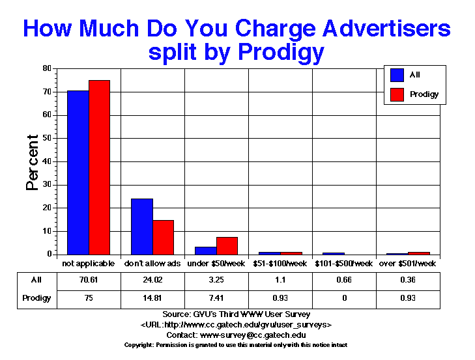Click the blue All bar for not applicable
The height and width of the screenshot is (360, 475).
[78, 173]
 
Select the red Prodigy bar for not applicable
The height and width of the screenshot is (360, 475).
[99, 167]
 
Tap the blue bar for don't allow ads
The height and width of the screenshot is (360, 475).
[142, 227]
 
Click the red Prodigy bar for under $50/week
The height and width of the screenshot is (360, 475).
[227, 246]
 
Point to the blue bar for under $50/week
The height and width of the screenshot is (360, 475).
[205, 251]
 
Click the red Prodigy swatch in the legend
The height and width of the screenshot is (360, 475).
[396, 94]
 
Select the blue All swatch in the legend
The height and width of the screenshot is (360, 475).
[396, 75]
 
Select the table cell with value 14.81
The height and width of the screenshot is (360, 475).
[152, 298]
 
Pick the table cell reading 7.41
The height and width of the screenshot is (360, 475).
[216, 298]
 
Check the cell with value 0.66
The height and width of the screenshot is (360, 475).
[344, 281]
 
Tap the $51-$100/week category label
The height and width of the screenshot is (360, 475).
[280, 264]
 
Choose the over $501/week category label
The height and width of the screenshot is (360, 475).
[407, 264]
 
